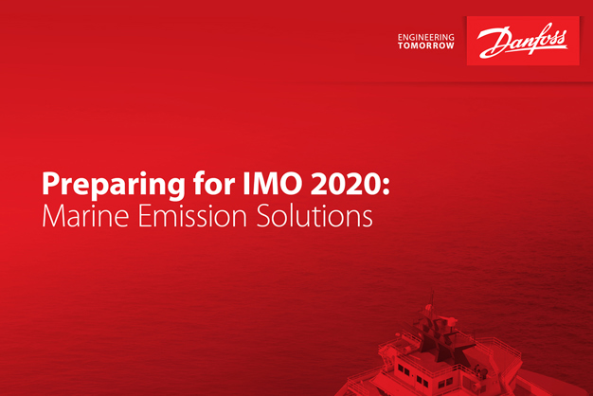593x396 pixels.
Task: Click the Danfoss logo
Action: pyautogui.click(x=522, y=42)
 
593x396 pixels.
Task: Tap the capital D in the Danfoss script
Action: pyautogui.click(x=491, y=42)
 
